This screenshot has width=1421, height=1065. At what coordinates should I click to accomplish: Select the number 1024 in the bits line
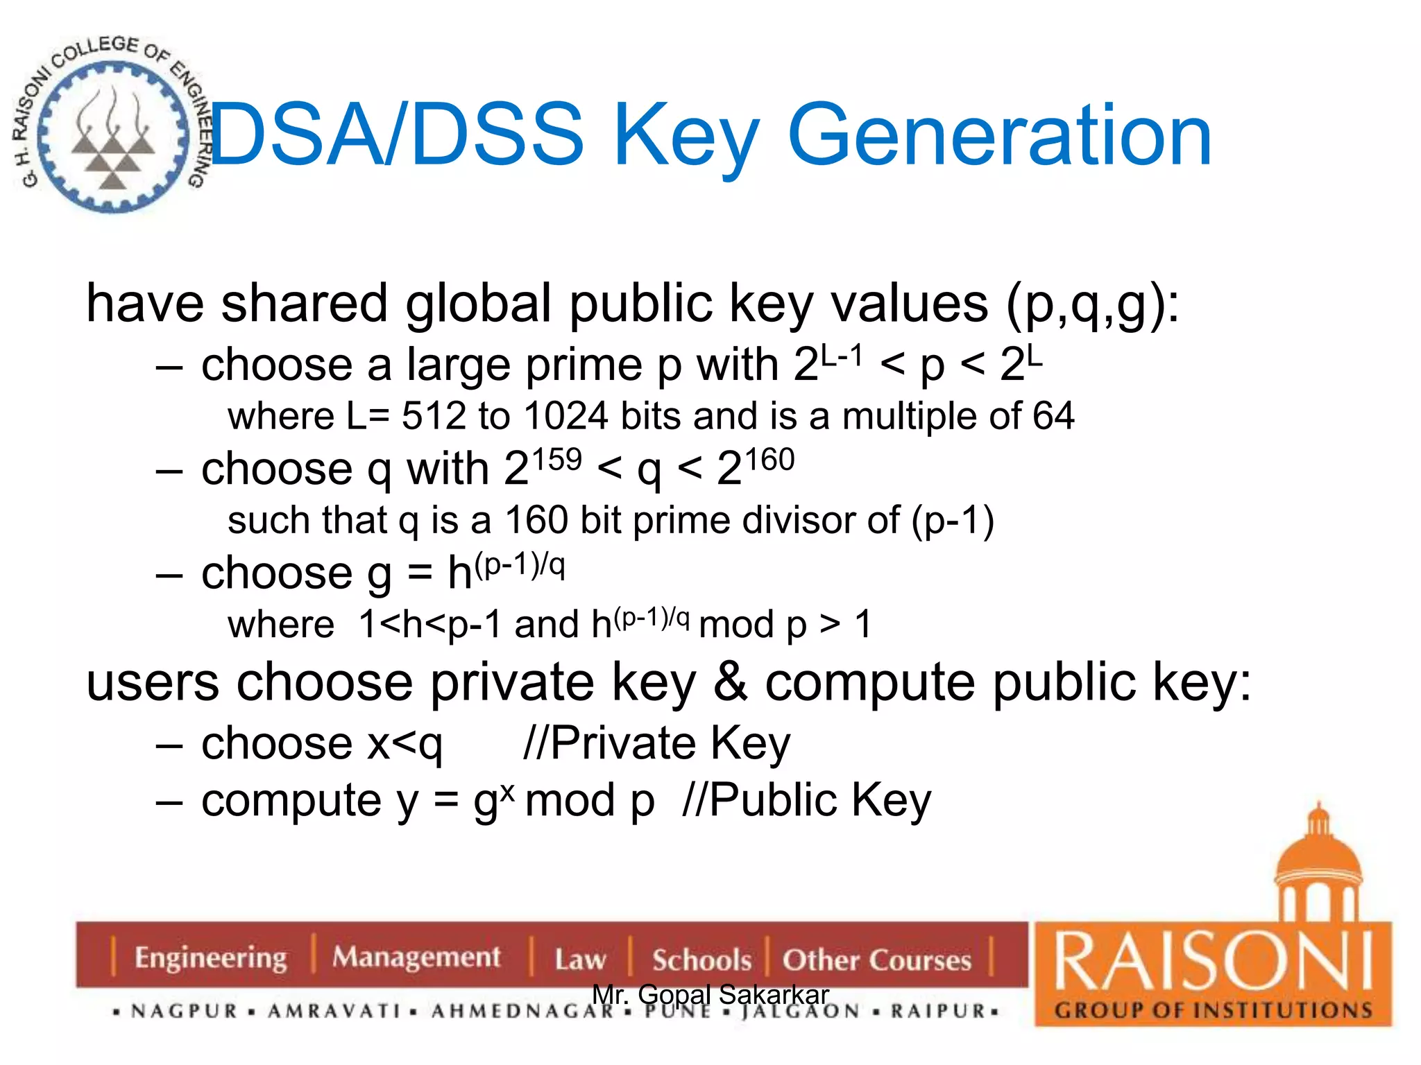(x=566, y=416)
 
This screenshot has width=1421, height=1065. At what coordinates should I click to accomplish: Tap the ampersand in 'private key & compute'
(x=730, y=682)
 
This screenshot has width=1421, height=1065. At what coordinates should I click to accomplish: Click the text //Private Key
(x=656, y=743)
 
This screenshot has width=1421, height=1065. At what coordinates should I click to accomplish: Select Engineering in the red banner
(x=210, y=958)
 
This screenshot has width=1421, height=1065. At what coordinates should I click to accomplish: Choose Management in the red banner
(x=416, y=958)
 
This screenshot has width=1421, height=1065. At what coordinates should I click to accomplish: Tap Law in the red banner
(x=580, y=960)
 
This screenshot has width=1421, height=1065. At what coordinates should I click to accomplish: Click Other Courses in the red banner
(x=876, y=960)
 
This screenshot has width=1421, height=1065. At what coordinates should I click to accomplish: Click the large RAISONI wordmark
(x=1213, y=962)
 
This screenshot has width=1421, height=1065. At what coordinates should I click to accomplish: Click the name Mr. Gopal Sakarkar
(x=710, y=994)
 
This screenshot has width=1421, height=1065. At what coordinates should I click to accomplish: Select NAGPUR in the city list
(x=185, y=1012)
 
